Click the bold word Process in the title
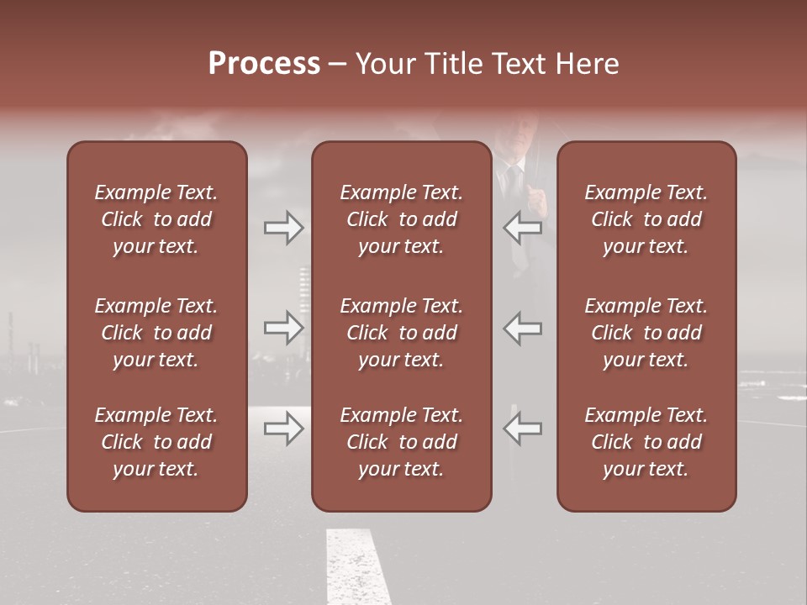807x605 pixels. [x=264, y=64]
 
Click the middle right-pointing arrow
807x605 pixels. [x=283, y=327]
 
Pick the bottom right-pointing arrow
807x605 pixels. [x=283, y=429]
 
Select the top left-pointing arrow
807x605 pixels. [x=523, y=227]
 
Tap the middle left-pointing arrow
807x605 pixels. [x=523, y=327]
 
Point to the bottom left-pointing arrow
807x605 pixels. [x=523, y=429]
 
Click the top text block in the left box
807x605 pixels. [x=156, y=219]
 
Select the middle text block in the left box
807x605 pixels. [x=156, y=333]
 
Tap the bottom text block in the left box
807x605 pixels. [x=156, y=442]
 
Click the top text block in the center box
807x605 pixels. [x=402, y=219]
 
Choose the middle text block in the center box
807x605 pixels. [x=402, y=333]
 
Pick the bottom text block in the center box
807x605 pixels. [x=402, y=442]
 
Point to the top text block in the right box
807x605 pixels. [x=646, y=219]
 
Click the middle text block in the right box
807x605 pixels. [x=646, y=333]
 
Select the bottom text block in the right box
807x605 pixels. [x=646, y=442]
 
